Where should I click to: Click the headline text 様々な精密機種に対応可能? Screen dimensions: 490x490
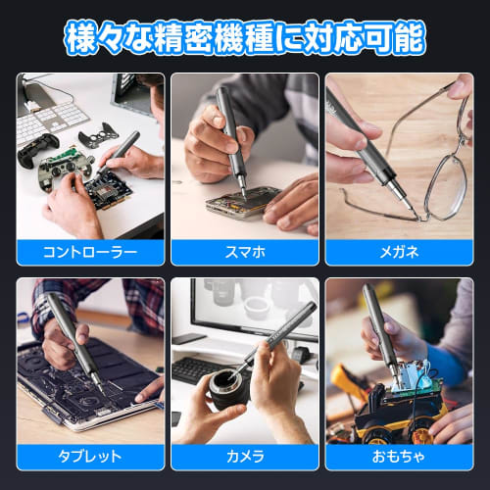tap(245, 37)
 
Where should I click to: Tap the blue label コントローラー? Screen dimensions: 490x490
tap(89, 252)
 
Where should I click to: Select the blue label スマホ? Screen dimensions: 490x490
tap(245, 252)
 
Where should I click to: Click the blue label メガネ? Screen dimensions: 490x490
tap(399, 252)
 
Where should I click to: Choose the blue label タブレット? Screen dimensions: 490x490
tap(89, 457)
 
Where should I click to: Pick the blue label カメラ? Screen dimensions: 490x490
tap(245, 457)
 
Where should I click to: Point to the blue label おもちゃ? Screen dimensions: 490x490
tap(399, 457)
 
